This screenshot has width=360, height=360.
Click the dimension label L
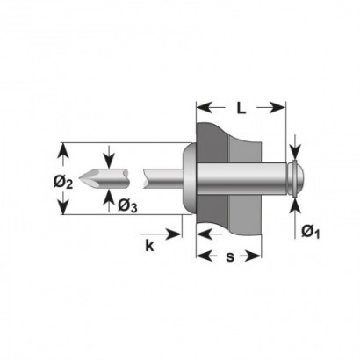(241, 108)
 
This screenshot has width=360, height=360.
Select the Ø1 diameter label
(310, 232)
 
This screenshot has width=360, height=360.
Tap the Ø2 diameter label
(63, 183)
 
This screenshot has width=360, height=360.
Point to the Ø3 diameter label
(127, 205)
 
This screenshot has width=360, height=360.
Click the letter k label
(149, 246)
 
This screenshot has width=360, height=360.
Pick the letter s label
(230, 256)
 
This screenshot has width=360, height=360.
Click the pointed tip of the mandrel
(80, 178)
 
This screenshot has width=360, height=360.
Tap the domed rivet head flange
(190, 178)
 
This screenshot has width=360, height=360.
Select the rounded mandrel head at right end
(296, 178)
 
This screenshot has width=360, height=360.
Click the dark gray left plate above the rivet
(212, 142)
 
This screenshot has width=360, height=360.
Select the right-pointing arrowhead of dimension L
(277, 108)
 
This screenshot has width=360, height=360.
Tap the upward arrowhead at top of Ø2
(63, 150)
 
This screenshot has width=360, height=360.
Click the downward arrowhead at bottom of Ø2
(63, 207)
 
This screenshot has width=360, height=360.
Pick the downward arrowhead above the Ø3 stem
(109, 162)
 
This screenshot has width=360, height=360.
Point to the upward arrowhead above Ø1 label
(296, 205)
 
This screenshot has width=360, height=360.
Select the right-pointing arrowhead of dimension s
(253, 256)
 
